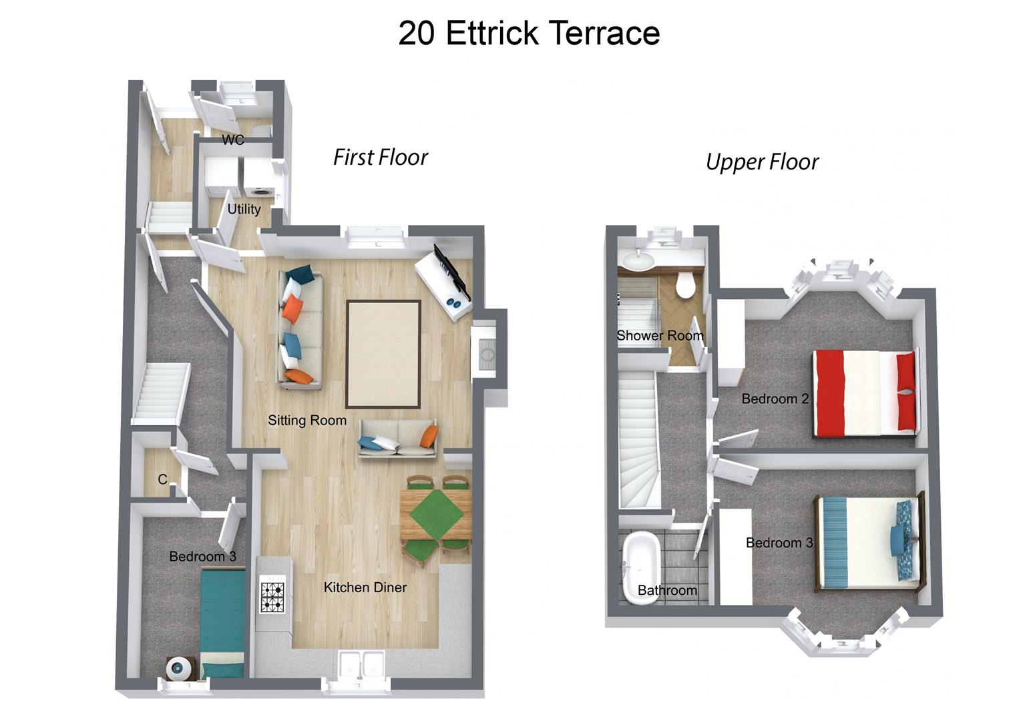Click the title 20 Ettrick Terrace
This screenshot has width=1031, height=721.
pyautogui.click(x=529, y=33)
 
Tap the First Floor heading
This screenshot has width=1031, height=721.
pyautogui.click(x=380, y=158)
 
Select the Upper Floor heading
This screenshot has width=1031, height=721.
pyautogui.click(x=762, y=162)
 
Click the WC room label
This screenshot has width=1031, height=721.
pyautogui.click(x=233, y=140)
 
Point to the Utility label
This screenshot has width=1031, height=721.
pyautogui.click(x=244, y=209)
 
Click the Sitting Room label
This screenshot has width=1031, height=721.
pyautogui.click(x=307, y=420)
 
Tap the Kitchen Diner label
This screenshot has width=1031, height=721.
pyautogui.click(x=365, y=587)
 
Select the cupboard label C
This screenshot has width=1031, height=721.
pyautogui.click(x=162, y=479)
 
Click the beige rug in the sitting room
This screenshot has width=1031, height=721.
pyautogui.click(x=383, y=354)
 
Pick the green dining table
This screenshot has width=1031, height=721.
pyautogui.click(x=435, y=515)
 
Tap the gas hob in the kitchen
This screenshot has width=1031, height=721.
pyautogui.click(x=272, y=597)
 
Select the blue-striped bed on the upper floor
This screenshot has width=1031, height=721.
pyautogui.click(x=868, y=542)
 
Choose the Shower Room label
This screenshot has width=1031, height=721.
pyautogui.click(x=660, y=336)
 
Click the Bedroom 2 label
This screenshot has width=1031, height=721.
pyautogui.click(x=775, y=399)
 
